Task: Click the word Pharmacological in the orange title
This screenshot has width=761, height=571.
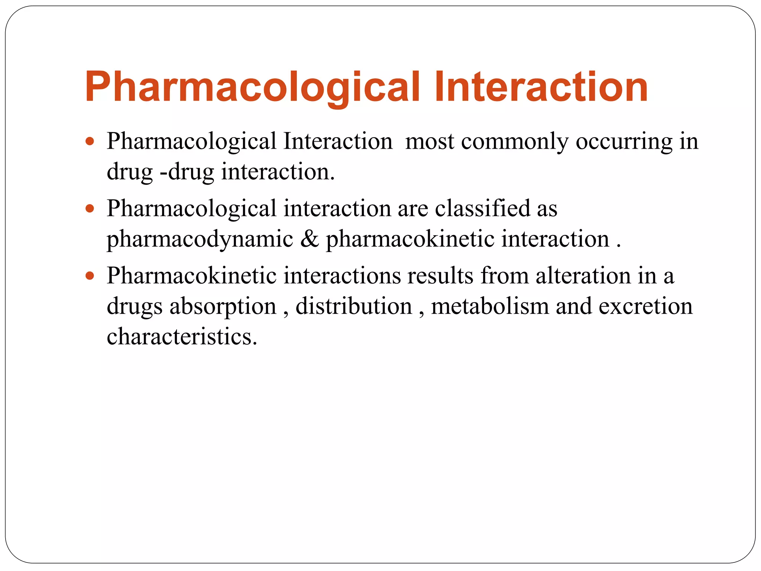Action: click(252, 87)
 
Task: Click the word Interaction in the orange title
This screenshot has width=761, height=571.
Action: click(541, 87)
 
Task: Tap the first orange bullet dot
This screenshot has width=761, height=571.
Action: click(90, 142)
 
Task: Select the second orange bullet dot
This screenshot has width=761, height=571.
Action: click(90, 209)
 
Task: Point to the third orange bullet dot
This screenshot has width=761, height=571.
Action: click(90, 276)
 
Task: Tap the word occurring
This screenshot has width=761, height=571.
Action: click(624, 142)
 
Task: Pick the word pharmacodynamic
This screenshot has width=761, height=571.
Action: click(200, 239)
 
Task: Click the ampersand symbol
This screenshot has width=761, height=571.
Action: click(310, 239)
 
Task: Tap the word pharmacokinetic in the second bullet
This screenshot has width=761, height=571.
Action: click(410, 239)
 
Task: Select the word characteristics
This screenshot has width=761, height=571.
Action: click(182, 336)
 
